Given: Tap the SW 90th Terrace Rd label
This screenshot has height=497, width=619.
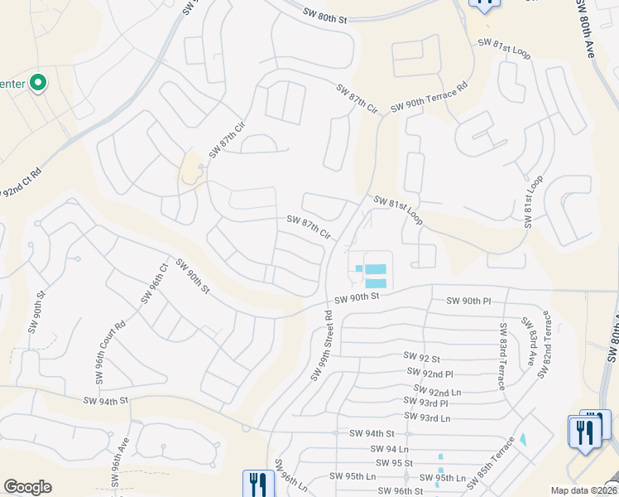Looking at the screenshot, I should click(x=429, y=98).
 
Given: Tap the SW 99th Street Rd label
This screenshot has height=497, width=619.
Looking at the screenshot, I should click(x=322, y=346).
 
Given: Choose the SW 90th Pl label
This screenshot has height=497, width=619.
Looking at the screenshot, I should click(x=469, y=301).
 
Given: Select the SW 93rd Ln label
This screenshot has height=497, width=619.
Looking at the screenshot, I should click(x=427, y=418).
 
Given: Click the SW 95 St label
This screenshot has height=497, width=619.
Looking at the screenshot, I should click(x=394, y=463).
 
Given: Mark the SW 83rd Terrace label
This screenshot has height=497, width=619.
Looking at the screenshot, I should click(x=502, y=347).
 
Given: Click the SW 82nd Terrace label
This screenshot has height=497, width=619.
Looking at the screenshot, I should click(x=545, y=345).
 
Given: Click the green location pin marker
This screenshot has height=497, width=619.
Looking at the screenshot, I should click(x=38, y=83).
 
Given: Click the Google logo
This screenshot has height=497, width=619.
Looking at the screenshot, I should click(x=27, y=487).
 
